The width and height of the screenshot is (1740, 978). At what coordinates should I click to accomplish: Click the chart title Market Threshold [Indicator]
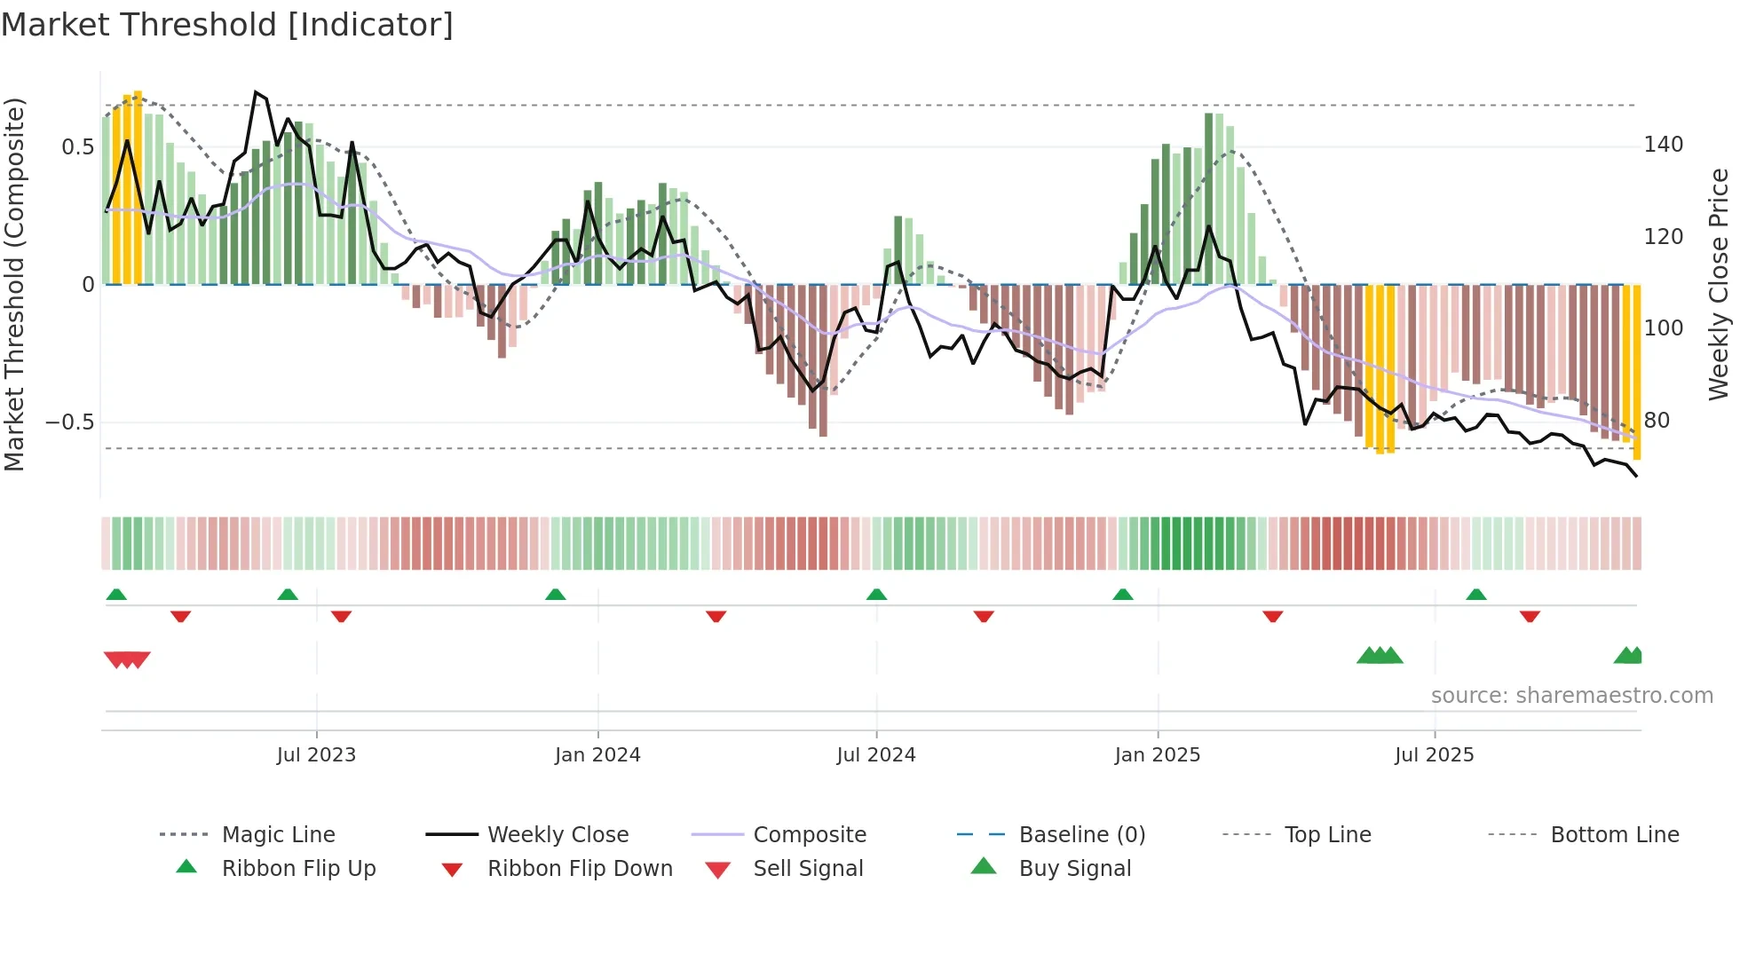point(227,25)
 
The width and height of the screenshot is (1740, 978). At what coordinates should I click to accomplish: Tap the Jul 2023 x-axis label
point(316,755)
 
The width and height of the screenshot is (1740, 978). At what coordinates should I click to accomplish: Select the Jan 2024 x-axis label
point(597,755)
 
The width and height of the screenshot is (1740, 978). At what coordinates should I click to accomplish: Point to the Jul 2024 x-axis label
point(876,755)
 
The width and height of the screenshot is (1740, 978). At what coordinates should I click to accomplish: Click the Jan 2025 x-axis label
point(1158,755)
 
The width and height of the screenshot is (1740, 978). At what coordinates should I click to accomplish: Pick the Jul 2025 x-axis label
point(1435,755)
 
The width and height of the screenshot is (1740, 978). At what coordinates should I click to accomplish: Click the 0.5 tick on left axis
point(78,147)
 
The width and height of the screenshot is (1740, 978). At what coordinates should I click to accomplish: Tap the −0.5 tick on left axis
point(71,422)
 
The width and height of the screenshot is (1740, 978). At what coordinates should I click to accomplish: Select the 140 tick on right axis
point(1664,145)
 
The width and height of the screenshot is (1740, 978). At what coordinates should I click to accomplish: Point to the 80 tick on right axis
point(1657,421)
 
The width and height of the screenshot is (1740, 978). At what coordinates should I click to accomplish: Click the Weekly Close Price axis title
point(1720,284)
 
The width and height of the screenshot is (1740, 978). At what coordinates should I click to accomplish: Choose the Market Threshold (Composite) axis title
point(14,284)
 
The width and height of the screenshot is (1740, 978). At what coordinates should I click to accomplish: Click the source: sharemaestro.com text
point(1571,696)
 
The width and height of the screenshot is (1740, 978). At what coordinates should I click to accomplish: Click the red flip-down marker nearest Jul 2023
point(341,616)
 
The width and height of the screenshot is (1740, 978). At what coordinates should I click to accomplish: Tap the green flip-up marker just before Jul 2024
point(877,595)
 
